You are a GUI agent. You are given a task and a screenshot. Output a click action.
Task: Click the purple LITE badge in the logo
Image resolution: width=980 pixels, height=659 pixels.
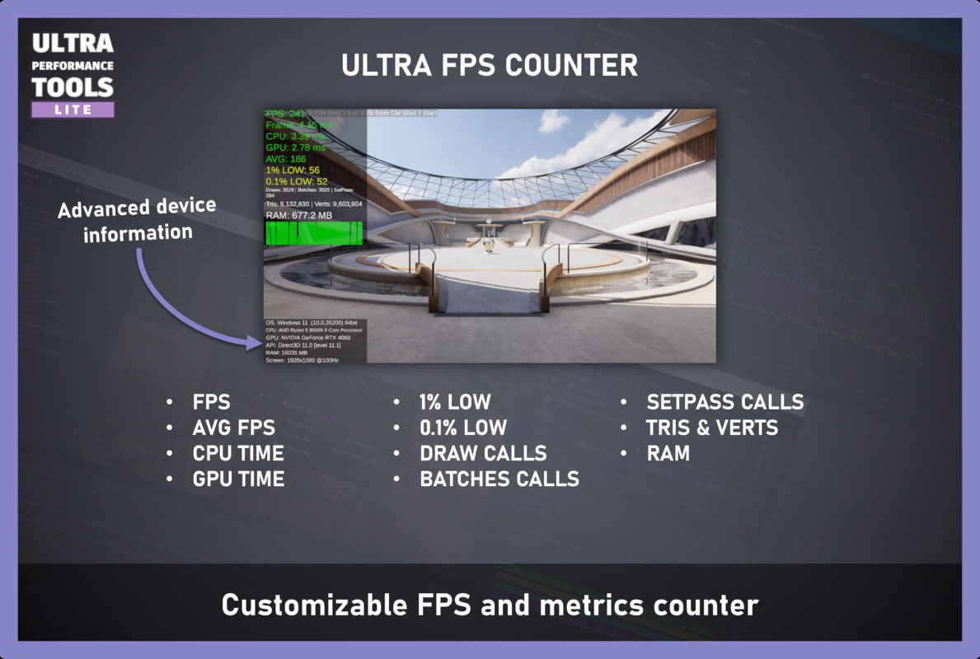[x=73, y=110]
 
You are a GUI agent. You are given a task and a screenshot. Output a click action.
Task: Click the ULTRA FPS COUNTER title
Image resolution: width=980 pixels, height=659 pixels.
[x=490, y=65]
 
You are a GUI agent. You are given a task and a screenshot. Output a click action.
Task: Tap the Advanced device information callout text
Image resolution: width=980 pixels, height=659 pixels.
[x=137, y=220]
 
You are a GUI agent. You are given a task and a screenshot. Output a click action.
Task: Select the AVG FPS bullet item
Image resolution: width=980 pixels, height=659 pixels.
[x=234, y=428]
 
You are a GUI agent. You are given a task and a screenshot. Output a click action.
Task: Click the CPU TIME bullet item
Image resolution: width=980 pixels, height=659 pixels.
[x=238, y=453]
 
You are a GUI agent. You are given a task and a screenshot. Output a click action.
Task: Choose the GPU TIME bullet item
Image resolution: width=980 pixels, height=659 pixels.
[x=238, y=479]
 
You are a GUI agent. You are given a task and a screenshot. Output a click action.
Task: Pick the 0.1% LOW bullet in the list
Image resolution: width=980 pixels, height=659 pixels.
[x=463, y=428]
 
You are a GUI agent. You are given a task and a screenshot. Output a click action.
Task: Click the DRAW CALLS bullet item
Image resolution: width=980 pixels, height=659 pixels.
[x=483, y=453]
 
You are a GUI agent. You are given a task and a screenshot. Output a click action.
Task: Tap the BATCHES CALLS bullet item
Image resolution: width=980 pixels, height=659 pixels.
[x=499, y=479]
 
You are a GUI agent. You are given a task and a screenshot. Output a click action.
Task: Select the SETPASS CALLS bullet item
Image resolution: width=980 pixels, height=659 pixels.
[x=724, y=402]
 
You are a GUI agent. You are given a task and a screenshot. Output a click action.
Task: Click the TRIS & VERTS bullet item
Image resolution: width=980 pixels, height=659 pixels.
[x=712, y=428]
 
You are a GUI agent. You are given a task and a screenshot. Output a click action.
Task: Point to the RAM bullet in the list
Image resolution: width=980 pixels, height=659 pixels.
[x=668, y=453]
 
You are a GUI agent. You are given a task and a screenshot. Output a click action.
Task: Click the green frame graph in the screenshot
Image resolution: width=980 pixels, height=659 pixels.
[x=313, y=232]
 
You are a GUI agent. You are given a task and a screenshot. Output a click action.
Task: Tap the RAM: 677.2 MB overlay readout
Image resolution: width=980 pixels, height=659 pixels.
[x=299, y=215]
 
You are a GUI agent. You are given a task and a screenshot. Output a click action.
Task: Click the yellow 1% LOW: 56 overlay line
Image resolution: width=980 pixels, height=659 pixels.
[x=293, y=170]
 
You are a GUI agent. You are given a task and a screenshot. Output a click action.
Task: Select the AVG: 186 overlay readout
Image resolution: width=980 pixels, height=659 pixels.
[x=285, y=158]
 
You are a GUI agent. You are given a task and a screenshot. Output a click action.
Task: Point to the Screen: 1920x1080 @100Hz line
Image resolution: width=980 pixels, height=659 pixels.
[x=302, y=360]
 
